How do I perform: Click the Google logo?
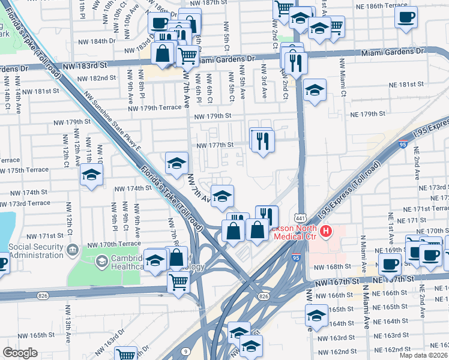20,353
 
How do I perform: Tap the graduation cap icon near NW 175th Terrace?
92,175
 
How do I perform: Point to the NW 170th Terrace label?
113,245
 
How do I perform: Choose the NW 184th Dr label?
97,42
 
